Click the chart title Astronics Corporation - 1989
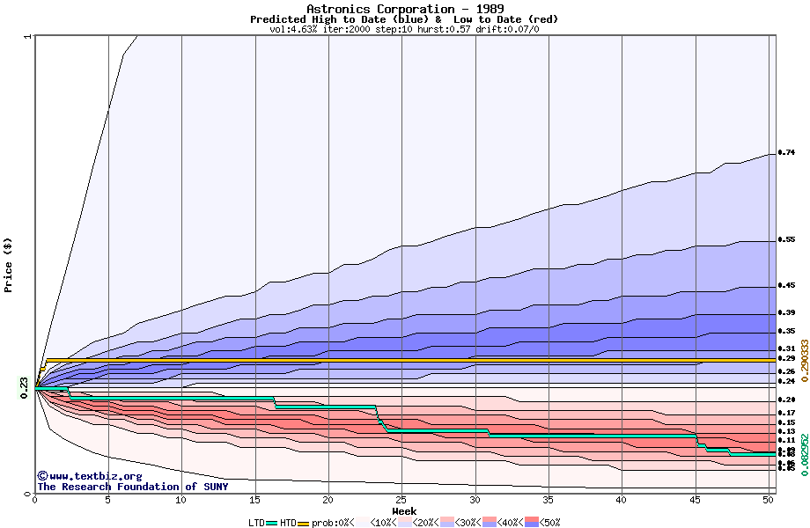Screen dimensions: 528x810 coord(405,9)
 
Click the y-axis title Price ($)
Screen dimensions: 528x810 coord(9,265)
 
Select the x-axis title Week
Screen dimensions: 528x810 coord(404,511)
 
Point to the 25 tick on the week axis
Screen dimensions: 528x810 coord(401,500)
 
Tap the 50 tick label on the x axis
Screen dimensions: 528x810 coord(769,500)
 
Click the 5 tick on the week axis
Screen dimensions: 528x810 coord(108,500)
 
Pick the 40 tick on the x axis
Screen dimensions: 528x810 coord(622,500)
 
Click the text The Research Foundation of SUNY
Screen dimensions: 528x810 coord(132,487)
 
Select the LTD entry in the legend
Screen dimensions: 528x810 coord(256,523)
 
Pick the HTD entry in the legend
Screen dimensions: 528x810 coord(288,523)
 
